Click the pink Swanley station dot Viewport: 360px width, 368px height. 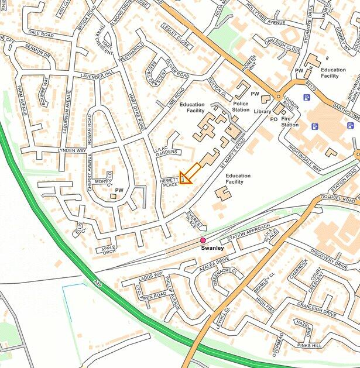pyautogui.click(x=203, y=240)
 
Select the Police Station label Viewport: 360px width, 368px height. pyautogui.click(x=241, y=106)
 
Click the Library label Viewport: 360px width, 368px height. pyautogui.click(x=263, y=112)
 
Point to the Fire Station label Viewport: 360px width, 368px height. pyautogui.click(x=290, y=121)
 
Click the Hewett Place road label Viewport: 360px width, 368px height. pyautogui.click(x=169, y=182)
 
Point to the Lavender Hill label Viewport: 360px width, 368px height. pyautogui.click(x=98, y=75)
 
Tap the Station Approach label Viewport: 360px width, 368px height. pyautogui.click(x=249, y=232)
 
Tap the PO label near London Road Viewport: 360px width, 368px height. pyautogui.click(x=273, y=119)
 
